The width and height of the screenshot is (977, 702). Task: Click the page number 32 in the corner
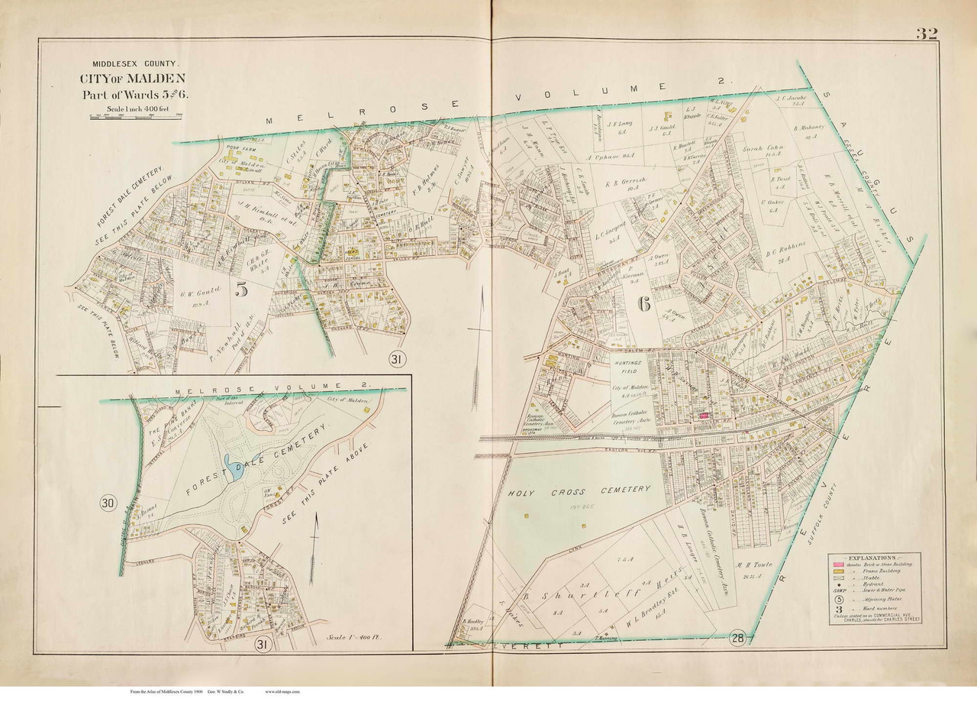(x=927, y=34)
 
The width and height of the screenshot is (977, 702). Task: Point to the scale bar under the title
(x=137, y=116)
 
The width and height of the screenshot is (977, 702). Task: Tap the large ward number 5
(x=243, y=290)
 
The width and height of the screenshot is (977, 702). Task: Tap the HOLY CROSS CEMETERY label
(x=580, y=490)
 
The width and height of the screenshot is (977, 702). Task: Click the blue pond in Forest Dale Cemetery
(x=233, y=467)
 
